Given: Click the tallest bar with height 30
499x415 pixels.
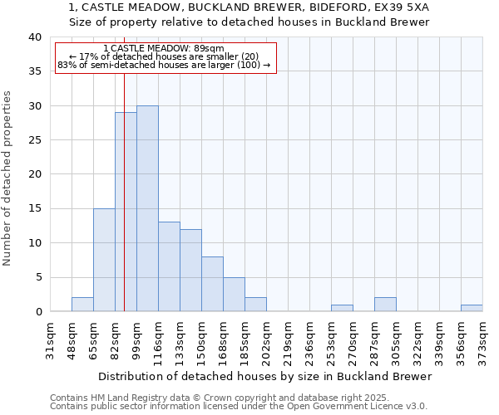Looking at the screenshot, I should pyautogui.click(x=147, y=208).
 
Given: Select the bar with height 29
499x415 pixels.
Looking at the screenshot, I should pyautogui.click(x=126, y=212).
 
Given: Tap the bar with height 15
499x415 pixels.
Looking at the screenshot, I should pyautogui.click(x=104, y=260).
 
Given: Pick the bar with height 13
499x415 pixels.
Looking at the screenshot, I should pyautogui.click(x=169, y=266).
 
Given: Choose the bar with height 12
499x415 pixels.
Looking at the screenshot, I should pyautogui.click(x=190, y=270).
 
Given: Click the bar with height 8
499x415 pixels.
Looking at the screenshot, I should pyautogui.click(x=212, y=284).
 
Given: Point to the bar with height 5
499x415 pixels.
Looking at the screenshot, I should pyautogui.click(x=234, y=294).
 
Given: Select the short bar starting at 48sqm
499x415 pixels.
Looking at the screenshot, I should pyautogui.click(x=82, y=305).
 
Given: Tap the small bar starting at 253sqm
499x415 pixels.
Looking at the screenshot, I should pyautogui.click(x=342, y=308).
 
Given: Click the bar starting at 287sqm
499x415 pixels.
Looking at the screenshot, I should pyautogui.click(x=385, y=305).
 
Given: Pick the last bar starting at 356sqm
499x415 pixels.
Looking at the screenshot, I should pyautogui.click(x=472, y=308).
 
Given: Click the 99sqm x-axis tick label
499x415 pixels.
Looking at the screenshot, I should pyautogui.click(x=136, y=339).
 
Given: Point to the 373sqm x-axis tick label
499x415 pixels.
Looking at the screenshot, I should pyautogui.click(x=482, y=339).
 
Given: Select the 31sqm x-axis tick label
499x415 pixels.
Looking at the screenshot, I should pyautogui.click(x=50, y=339).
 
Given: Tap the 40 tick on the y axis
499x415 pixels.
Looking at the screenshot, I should pyautogui.click(x=34, y=37).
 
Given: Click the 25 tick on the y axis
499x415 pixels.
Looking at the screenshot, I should pyautogui.click(x=34, y=140).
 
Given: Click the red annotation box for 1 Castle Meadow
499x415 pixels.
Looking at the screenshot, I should pyautogui.click(x=165, y=57).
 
